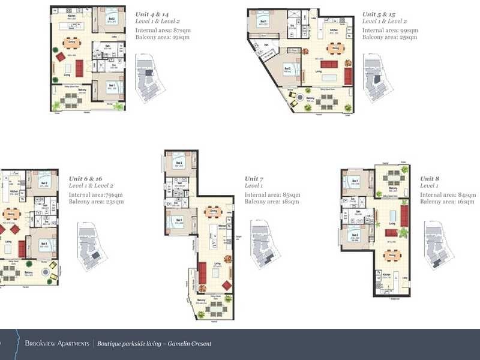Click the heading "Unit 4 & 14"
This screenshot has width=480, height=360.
[x=156, y=13]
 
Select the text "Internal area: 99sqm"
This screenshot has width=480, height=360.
[x=390, y=30]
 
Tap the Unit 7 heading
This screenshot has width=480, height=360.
[x=253, y=179]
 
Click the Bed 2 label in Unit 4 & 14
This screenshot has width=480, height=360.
[x=112, y=19]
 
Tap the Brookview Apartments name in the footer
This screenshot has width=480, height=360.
[x=57, y=344]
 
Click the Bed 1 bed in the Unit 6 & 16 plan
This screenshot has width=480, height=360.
[x=47, y=245]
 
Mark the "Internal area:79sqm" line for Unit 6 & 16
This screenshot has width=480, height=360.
[x=96, y=195]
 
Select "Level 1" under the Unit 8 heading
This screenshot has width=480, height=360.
[x=431, y=187]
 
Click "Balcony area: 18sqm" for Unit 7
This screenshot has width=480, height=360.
[x=272, y=202]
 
